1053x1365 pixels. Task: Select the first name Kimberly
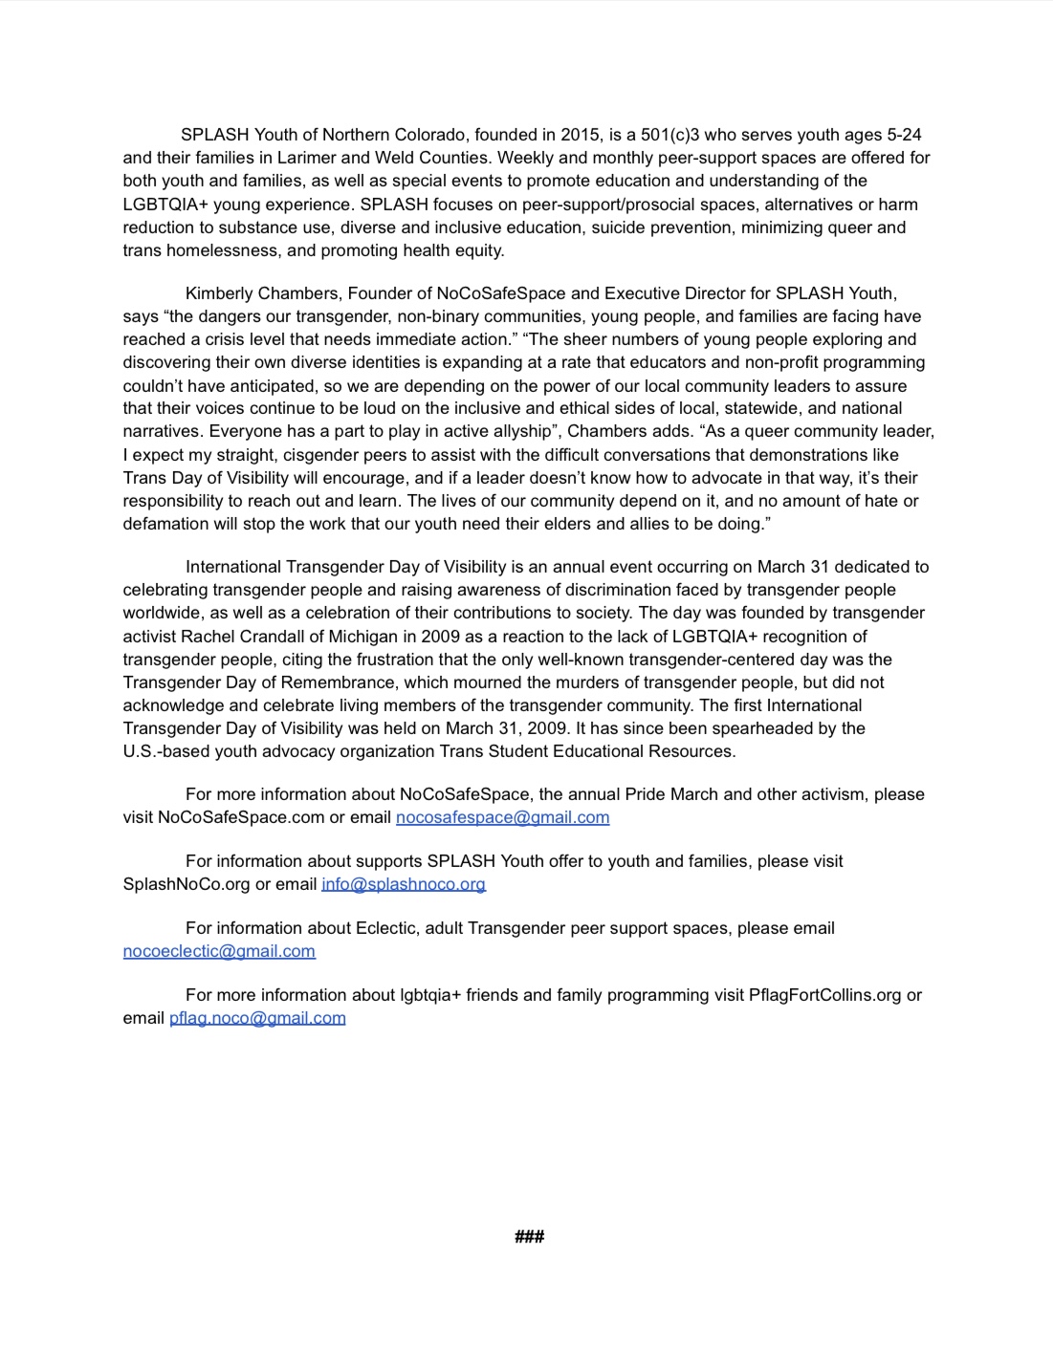click(220, 293)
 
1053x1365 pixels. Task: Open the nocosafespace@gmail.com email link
click(502, 817)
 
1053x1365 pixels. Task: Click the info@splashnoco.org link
click(404, 884)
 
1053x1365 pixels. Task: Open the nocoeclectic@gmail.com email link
click(219, 951)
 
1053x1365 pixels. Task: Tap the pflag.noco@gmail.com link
click(257, 1018)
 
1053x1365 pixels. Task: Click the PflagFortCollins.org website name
click(824, 995)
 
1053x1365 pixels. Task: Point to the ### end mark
click(529, 1237)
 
